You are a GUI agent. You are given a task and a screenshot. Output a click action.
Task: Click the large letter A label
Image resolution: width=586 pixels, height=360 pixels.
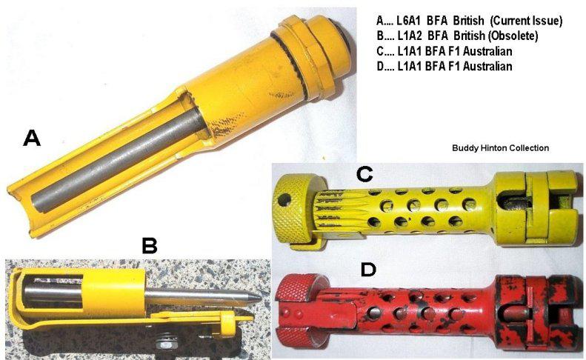[x=31, y=138]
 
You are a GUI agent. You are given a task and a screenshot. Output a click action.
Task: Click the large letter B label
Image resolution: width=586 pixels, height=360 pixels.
[x=150, y=245]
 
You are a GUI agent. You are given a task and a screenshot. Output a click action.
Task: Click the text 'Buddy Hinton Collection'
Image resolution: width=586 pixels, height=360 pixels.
[x=500, y=148]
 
